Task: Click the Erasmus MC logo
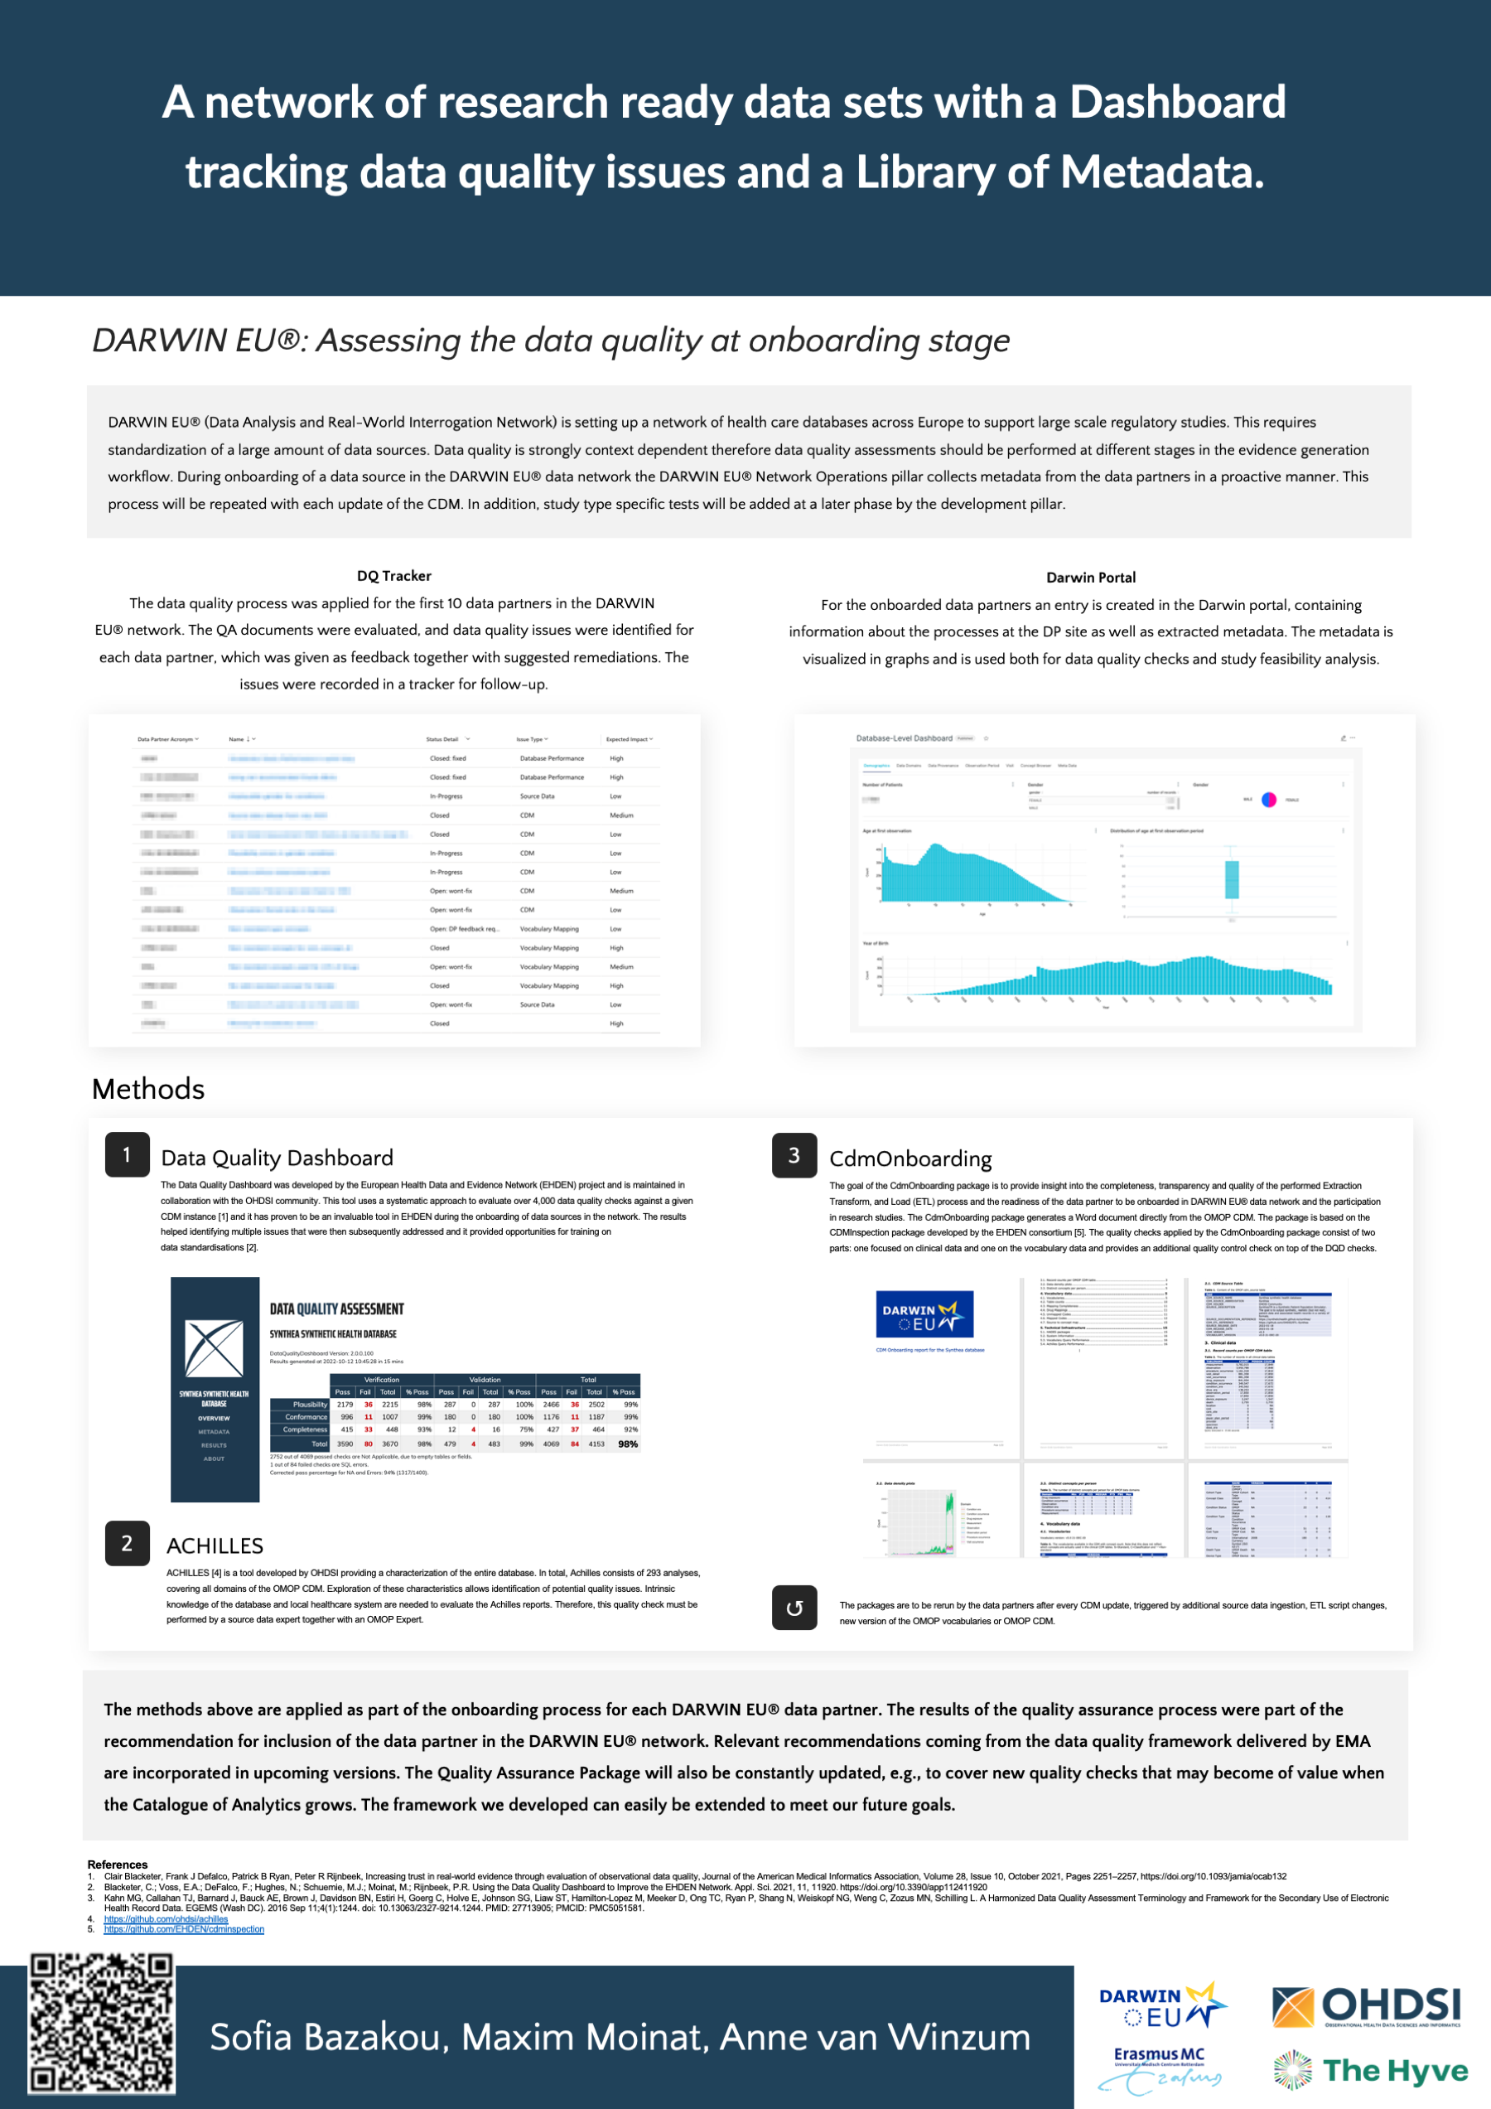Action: coord(1159,2069)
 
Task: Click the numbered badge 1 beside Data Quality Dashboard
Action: coord(127,1154)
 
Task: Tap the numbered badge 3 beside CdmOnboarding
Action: coord(794,1154)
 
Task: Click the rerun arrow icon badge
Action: coord(794,1608)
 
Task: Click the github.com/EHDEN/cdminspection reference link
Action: coord(184,1929)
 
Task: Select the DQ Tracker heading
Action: coord(393,576)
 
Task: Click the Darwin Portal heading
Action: coord(1091,578)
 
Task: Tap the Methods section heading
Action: coord(149,1089)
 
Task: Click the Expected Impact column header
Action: coord(628,739)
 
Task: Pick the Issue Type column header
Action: coord(531,739)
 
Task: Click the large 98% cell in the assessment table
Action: coord(628,1444)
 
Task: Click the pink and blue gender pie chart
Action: coord(1269,799)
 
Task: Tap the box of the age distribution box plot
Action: coord(1232,879)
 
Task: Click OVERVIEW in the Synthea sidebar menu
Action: coord(214,1418)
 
